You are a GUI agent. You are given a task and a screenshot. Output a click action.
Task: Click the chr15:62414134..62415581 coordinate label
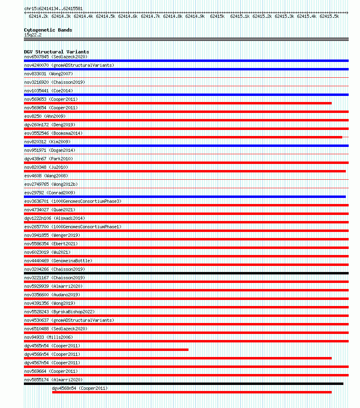[x=53, y=8]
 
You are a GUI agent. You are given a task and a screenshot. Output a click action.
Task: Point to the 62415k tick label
[x=217, y=16]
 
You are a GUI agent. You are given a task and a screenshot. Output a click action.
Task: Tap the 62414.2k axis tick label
[x=38, y=16]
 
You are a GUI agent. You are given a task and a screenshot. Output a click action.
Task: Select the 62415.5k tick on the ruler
[x=329, y=16]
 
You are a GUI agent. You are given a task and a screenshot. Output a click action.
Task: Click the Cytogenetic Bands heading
[x=48, y=30]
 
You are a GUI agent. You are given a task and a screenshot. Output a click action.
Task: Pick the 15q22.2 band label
[x=33, y=35]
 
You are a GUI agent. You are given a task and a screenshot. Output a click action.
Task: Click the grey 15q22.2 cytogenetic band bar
[x=186, y=39]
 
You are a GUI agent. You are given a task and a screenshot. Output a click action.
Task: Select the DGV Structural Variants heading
[x=56, y=52]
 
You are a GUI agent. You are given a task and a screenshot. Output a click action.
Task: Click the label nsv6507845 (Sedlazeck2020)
[x=55, y=57]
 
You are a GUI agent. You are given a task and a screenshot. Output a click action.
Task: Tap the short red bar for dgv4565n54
[x=106, y=350]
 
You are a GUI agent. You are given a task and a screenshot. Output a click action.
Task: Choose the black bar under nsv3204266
[x=186, y=273]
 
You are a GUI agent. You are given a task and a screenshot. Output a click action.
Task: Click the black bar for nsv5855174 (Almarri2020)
[x=184, y=384]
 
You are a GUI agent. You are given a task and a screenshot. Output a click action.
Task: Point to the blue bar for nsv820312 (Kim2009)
[x=186, y=146]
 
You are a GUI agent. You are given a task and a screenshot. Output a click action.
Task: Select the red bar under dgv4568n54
[x=192, y=392]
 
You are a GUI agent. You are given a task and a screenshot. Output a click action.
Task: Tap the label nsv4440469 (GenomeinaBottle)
[x=58, y=261]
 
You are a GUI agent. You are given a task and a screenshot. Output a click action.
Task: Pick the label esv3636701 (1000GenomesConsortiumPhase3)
[x=73, y=201]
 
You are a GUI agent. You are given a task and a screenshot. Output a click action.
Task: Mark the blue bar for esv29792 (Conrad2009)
[x=185, y=197]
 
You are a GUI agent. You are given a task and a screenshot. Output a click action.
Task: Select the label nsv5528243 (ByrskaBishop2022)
[x=59, y=312]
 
